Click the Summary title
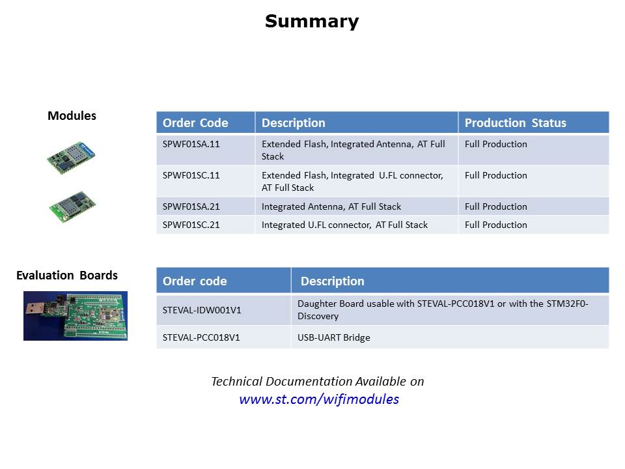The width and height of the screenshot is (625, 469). pyautogui.click(x=312, y=21)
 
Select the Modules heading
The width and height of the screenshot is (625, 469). pyautogui.click(x=72, y=116)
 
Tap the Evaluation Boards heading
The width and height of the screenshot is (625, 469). pyautogui.click(x=67, y=275)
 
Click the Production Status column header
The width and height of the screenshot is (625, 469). pyautogui.click(x=516, y=123)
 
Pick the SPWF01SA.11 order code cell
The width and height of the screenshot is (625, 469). pyautogui.click(x=191, y=144)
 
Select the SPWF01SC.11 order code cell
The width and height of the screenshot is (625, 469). pyautogui.click(x=191, y=175)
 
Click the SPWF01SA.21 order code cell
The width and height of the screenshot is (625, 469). pyautogui.click(x=191, y=206)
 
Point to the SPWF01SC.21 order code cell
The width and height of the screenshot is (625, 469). pyautogui.click(x=191, y=225)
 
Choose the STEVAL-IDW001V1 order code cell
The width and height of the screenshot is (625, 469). pyautogui.click(x=202, y=310)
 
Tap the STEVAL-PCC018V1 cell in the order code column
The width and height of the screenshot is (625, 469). pyautogui.click(x=201, y=337)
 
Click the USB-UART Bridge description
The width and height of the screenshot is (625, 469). pyautogui.click(x=333, y=337)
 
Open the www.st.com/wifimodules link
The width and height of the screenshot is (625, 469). pyautogui.click(x=319, y=399)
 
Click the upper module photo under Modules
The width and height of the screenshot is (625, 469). pyautogui.click(x=72, y=158)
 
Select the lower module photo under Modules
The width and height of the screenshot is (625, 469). pyautogui.click(x=72, y=206)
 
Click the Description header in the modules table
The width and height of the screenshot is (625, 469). pyautogui.click(x=294, y=123)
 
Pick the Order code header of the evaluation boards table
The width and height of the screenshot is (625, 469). pyautogui.click(x=195, y=281)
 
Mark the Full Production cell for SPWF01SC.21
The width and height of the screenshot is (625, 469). pyautogui.click(x=496, y=225)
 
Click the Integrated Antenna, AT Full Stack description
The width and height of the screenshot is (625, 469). pyautogui.click(x=331, y=206)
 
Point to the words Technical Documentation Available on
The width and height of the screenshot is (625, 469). pyautogui.click(x=318, y=381)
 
